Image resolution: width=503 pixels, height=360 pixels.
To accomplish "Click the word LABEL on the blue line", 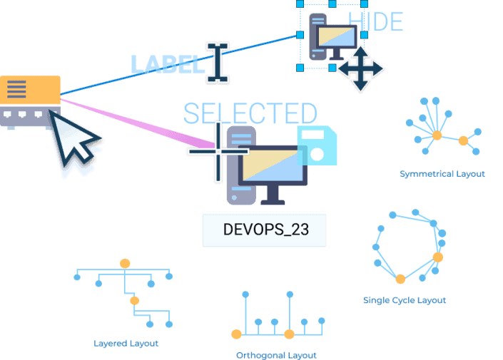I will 167,64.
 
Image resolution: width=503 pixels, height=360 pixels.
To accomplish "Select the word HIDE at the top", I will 375,21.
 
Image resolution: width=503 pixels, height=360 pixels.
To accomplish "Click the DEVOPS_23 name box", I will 265,230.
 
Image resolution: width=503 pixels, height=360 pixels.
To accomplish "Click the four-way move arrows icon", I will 360,69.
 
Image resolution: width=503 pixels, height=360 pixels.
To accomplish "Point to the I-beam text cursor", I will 217,62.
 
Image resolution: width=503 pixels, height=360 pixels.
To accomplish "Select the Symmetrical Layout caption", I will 442,174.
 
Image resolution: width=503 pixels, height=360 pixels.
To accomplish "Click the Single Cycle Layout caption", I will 405,300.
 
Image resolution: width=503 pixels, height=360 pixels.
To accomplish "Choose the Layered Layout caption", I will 126,343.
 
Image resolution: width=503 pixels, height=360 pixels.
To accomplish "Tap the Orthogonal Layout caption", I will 276,354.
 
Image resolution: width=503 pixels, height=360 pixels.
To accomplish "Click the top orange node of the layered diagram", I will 125,264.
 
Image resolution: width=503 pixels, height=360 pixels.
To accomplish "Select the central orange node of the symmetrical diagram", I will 437,135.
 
